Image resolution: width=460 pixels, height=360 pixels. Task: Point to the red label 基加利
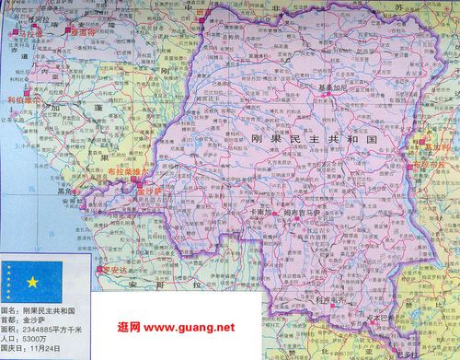click(x=435, y=146)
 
